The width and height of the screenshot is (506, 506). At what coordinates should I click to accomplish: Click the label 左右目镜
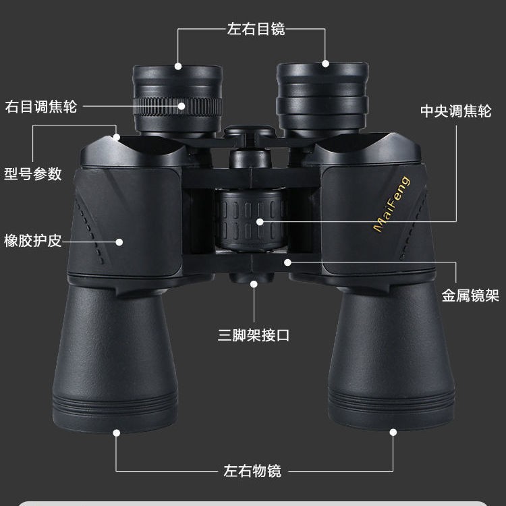(x=256, y=29)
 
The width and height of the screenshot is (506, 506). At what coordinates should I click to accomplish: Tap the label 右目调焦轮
(x=41, y=107)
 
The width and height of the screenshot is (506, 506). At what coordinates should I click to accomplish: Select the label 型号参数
(x=33, y=173)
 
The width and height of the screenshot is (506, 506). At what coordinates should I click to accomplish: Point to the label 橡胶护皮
(x=33, y=241)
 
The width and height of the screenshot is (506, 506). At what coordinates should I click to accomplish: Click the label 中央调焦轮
(x=455, y=111)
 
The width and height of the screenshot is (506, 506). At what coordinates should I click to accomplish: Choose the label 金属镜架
(x=470, y=296)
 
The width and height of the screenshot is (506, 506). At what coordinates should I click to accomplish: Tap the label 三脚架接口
(x=254, y=335)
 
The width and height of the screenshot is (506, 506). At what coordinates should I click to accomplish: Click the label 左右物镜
(x=252, y=471)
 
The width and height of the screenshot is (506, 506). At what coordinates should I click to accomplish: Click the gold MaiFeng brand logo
(x=392, y=204)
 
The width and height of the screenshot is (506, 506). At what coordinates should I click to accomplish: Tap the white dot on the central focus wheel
(x=260, y=222)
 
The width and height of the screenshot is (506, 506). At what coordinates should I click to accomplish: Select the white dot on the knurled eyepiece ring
(x=181, y=106)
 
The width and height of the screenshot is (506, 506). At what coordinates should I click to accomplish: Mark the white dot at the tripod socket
(x=254, y=284)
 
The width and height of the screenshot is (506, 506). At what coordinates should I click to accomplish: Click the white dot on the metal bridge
(x=287, y=262)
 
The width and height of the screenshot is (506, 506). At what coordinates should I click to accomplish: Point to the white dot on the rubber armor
(x=119, y=242)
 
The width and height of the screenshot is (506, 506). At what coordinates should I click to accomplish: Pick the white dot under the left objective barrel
(x=117, y=432)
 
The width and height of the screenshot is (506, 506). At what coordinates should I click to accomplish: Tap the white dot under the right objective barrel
(x=393, y=432)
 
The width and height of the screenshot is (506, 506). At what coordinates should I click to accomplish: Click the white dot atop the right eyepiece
(x=325, y=63)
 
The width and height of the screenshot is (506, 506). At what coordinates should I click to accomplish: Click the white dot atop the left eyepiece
(x=178, y=67)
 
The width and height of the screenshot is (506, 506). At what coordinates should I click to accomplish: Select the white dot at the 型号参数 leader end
(x=117, y=138)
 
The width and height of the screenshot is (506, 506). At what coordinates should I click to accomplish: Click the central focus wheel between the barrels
(x=251, y=220)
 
